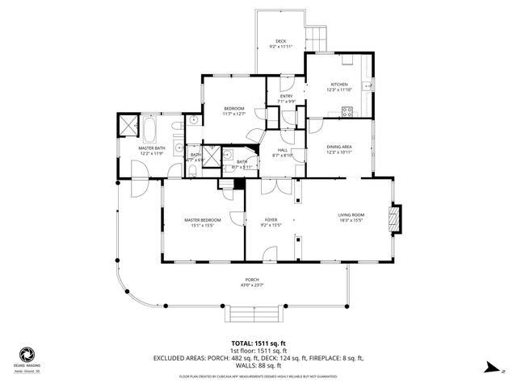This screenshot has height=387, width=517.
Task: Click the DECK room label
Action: click(280, 41)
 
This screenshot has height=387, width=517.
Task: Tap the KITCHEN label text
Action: click(338, 85)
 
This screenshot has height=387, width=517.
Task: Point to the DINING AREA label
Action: click(338, 148)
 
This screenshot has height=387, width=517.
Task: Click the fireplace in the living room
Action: click(394, 218)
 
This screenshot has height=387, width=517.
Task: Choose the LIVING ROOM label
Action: click(351, 215)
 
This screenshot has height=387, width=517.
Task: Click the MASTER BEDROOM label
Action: click(202, 219)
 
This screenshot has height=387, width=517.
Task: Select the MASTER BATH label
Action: click(151, 149)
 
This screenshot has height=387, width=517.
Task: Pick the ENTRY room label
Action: click(286, 98)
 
